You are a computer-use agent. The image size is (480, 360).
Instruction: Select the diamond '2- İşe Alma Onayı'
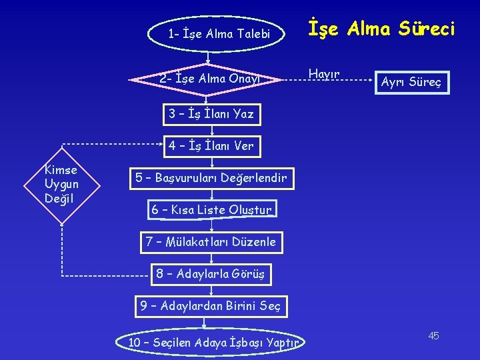click(x=209, y=79)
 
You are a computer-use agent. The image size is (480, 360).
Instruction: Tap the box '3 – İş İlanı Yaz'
click(x=211, y=113)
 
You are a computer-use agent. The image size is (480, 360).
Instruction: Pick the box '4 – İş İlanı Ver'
click(x=211, y=145)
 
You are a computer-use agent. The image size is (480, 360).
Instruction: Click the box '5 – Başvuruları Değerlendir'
click(x=211, y=178)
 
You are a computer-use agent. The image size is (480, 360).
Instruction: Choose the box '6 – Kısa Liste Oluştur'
click(x=211, y=210)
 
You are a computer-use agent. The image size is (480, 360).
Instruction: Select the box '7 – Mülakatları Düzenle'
click(x=211, y=242)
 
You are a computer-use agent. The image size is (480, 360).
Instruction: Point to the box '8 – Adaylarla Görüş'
click(x=211, y=274)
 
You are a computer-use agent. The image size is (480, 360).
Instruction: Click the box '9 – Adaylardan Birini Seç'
click(x=211, y=307)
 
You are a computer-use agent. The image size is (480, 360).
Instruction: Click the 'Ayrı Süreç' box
click(x=410, y=83)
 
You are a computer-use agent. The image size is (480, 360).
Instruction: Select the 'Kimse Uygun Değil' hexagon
click(x=61, y=183)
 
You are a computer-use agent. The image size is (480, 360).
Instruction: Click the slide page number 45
click(x=433, y=335)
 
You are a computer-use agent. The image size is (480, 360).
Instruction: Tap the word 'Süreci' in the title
click(x=423, y=29)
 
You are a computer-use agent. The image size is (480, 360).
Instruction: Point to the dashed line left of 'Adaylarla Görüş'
click(x=107, y=275)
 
